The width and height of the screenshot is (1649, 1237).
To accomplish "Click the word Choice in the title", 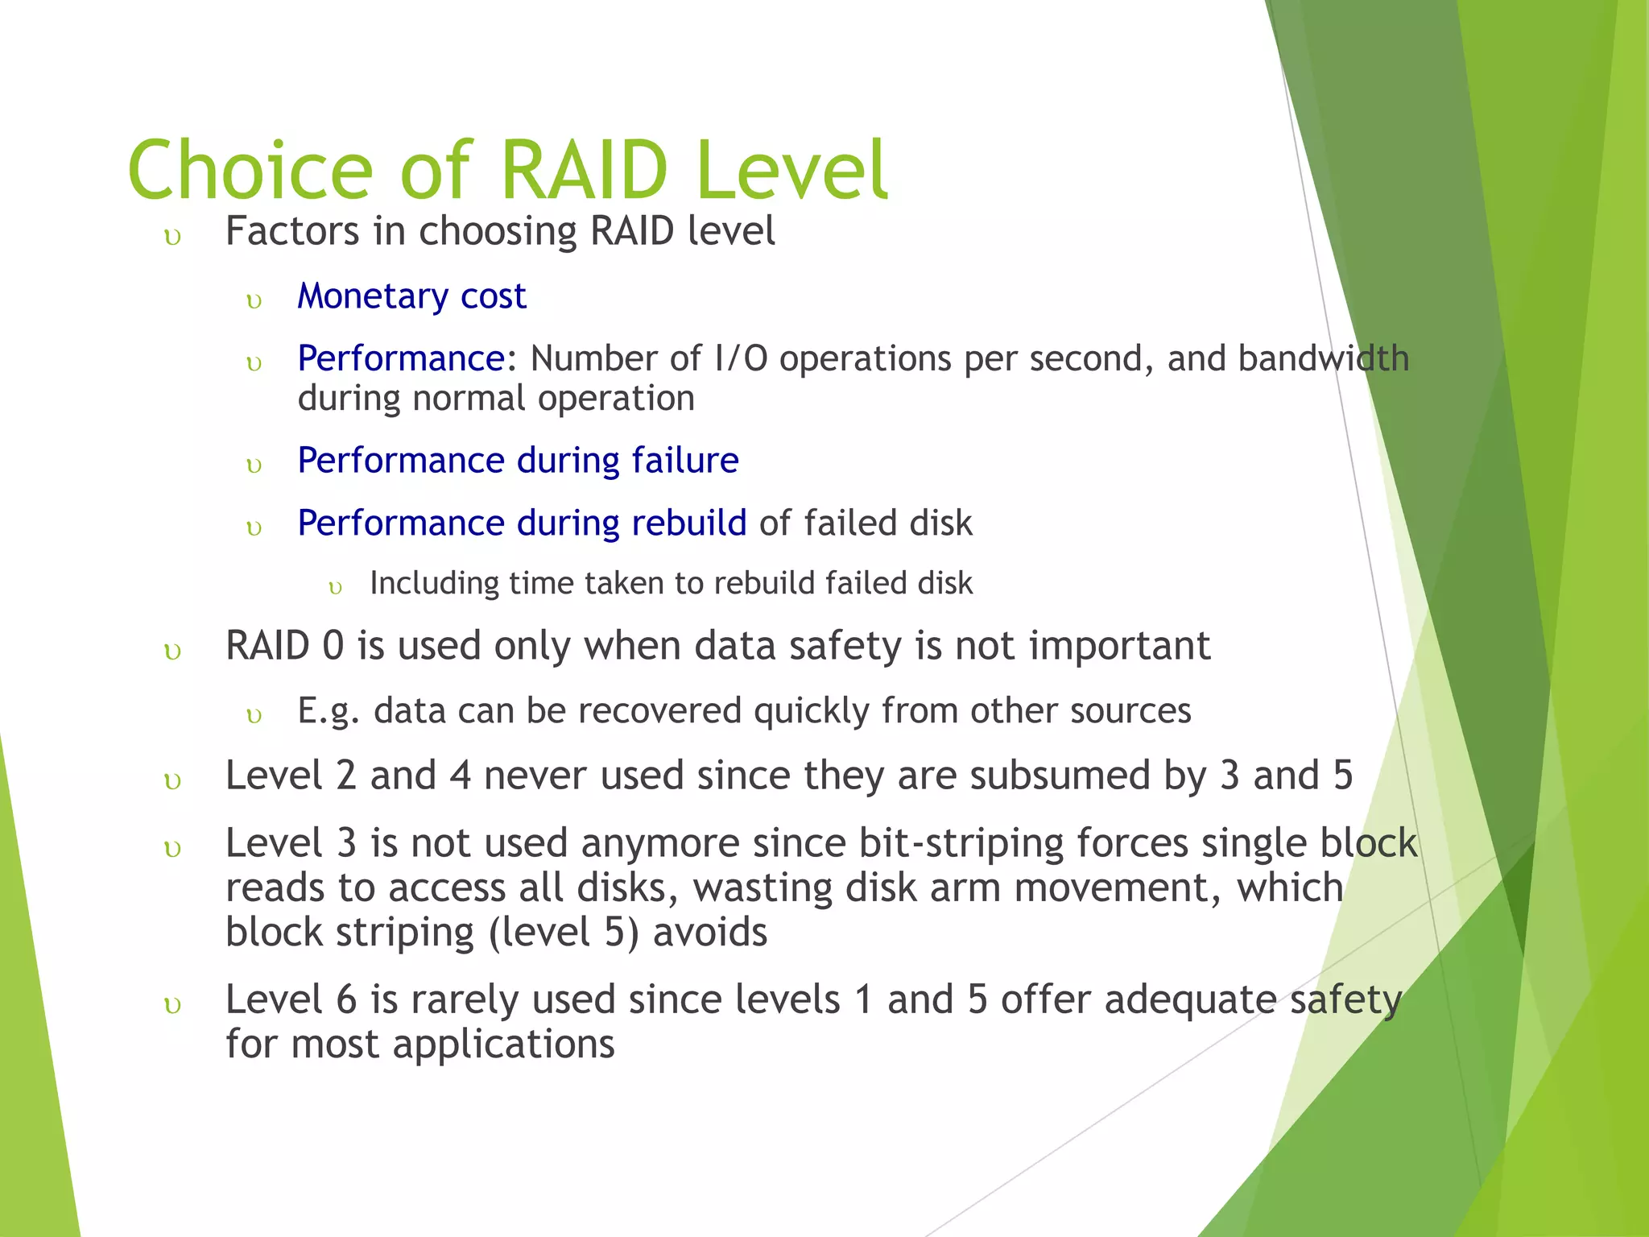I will pos(250,171).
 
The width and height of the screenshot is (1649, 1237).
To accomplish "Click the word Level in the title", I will pos(791,171).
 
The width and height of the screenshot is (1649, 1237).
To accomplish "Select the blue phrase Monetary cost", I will pos(411,296).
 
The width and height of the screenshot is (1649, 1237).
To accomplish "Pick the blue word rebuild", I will pos(688,523).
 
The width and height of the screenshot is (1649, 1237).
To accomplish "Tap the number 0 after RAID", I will pos(333,646).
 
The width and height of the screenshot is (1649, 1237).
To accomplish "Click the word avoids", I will pos(710,933).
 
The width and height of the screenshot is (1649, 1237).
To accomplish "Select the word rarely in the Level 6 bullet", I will pos(465,999).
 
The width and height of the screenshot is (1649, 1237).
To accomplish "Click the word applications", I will pos(504,1045).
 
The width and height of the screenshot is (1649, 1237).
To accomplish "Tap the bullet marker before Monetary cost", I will pos(254,302).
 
